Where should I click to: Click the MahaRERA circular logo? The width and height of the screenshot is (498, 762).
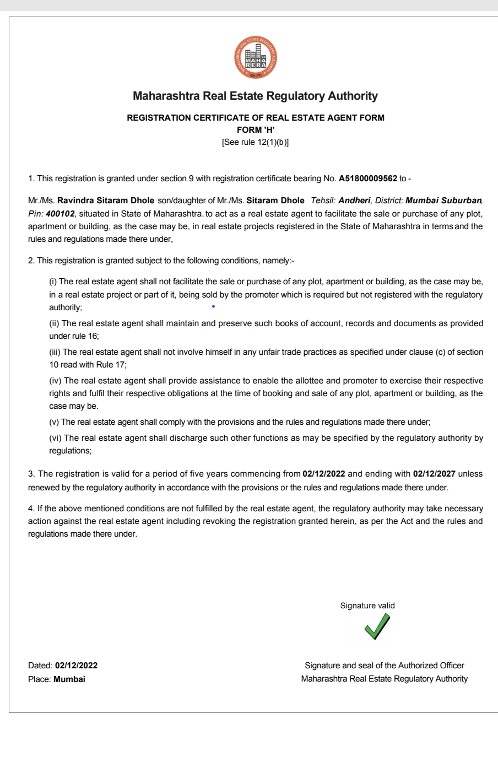click(255, 57)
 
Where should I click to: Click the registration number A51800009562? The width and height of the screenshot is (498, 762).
click(367, 179)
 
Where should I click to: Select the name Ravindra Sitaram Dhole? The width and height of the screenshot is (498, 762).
click(106, 201)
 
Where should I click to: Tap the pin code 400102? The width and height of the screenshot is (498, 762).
click(60, 213)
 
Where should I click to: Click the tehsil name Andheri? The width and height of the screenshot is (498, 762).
click(354, 201)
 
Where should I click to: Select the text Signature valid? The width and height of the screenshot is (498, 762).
click(367, 606)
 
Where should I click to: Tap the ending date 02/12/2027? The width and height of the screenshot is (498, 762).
click(434, 474)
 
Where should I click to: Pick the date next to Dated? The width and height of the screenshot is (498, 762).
click(76, 666)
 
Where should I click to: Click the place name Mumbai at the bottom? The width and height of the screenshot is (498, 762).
click(69, 679)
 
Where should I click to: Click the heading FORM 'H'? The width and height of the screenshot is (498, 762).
click(256, 130)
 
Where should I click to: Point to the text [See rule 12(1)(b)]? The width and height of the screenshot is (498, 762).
click(256, 142)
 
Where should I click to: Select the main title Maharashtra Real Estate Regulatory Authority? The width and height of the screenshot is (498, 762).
click(256, 96)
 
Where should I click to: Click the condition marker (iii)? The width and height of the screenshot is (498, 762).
click(55, 352)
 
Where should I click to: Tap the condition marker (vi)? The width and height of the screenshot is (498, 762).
click(55, 438)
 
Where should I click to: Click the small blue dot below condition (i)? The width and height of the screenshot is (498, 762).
click(213, 306)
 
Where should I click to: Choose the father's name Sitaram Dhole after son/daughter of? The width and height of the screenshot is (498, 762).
click(275, 201)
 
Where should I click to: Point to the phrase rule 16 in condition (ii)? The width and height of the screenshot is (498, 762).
click(85, 336)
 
